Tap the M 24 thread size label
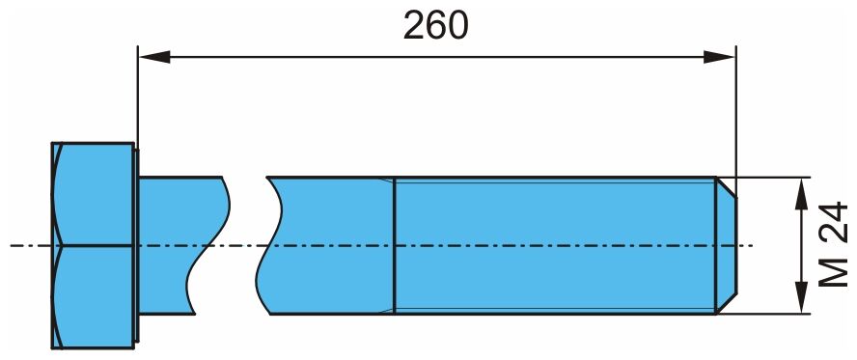click(834, 245)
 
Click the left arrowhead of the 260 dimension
click(154, 57)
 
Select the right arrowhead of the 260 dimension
click(719, 57)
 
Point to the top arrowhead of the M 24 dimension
click(801, 194)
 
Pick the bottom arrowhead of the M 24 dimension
click(801, 297)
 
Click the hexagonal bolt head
click(93, 245)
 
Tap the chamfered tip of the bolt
click(727, 245)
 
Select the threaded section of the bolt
click(555, 245)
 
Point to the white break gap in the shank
click(247, 245)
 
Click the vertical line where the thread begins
click(394, 245)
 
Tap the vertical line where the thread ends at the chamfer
click(716, 245)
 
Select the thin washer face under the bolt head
click(137, 245)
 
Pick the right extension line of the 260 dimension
click(736, 122)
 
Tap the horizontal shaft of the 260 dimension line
click(436, 57)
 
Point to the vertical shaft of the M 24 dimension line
click(801, 245)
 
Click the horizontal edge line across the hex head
click(94, 245)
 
